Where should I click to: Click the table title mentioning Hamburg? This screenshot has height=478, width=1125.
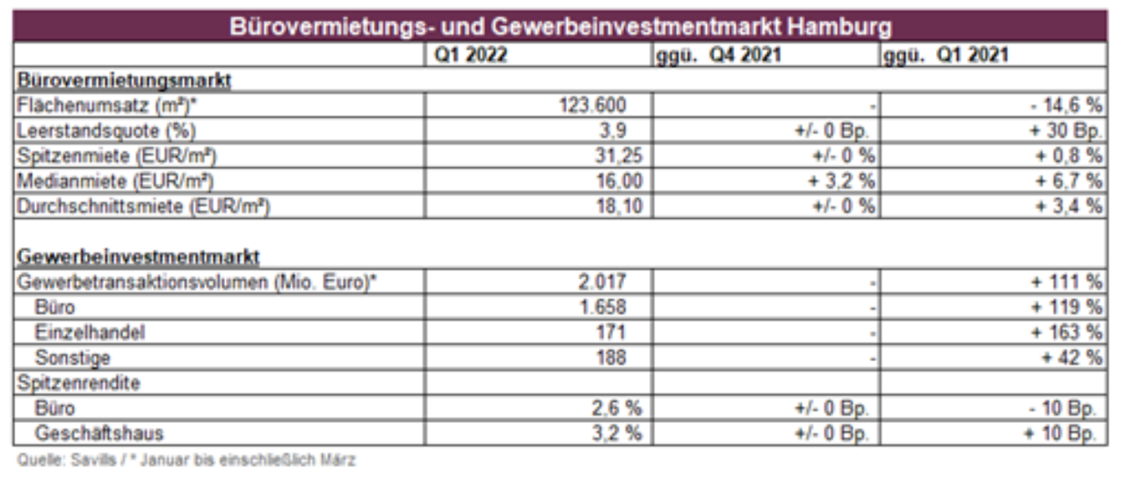[560, 26]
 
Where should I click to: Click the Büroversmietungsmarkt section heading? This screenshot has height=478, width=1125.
[124, 80]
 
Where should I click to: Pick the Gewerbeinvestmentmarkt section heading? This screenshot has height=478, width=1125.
[138, 257]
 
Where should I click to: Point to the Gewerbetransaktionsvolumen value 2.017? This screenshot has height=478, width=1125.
[602, 283]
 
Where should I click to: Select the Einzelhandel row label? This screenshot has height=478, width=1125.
[90, 333]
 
